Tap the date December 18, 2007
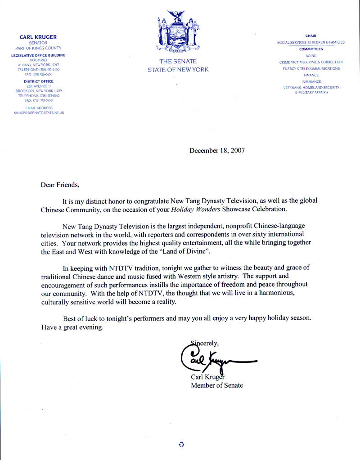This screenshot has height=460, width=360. tap(217, 151)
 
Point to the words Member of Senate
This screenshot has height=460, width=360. tap(217, 385)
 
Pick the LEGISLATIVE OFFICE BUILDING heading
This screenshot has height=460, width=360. tap(38, 55)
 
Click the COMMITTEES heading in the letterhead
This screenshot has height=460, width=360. tap(311, 49)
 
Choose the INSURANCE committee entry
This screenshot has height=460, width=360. tap(311, 82)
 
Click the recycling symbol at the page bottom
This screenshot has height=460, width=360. tap(181, 444)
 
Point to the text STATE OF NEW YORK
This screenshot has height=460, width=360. tap(178, 70)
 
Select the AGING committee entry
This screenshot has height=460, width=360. tap(311, 55)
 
